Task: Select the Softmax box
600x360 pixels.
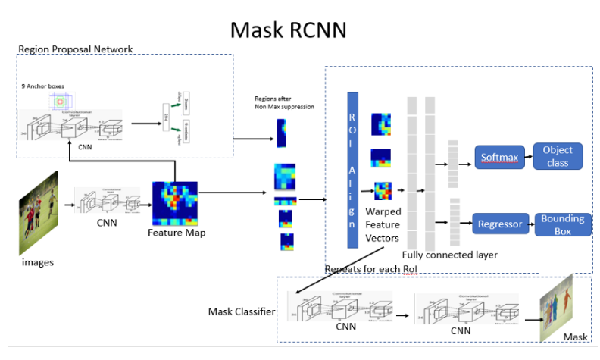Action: [x=499, y=158]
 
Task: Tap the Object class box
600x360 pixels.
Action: [x=558, y=156]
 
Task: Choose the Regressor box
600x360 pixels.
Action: [x=499, y=224]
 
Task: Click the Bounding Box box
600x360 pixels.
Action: [x=561, y=224]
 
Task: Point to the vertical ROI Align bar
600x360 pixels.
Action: [x=352, y=170]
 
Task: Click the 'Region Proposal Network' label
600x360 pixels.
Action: [x=75, y=49]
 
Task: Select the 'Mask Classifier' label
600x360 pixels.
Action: [x=241, y=311]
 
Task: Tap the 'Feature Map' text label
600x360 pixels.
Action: [x=177, y=233]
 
